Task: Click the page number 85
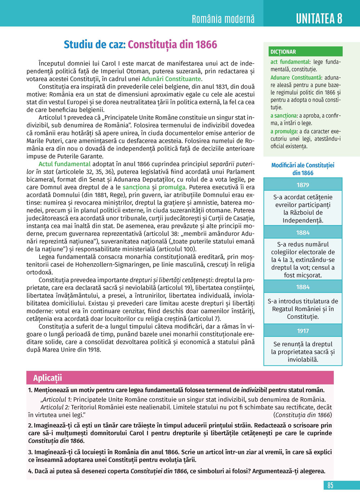tap(330, 485)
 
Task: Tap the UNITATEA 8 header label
tap(319, 18)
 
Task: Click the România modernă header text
tap(223, 19)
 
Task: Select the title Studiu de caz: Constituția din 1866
tap(140, 45)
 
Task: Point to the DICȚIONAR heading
tap(283, 52)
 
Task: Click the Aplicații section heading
tap(48, 378)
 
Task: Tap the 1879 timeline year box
tap(303, 185)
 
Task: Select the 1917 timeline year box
tap(303, 331)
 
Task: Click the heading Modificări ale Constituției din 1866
tap(303, 169)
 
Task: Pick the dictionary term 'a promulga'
tap(284, 131)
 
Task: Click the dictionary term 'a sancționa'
tap(284, 115)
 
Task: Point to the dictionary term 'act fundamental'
tap(290, 62)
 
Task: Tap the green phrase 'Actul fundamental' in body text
tap(65, 164)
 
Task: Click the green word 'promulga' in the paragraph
tap(172, 187)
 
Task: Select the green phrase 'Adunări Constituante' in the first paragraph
tap(171, 79)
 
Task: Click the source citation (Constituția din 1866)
tap(302, 415)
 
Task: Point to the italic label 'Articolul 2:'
tap(55, 407)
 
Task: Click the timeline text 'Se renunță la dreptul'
tap(303, 344)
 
